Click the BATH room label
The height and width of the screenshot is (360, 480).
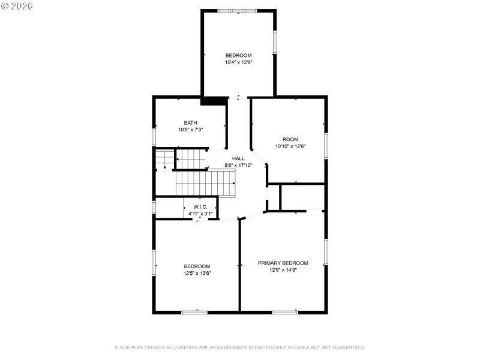[191, 123]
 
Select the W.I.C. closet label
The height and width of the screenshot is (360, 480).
[200, 207]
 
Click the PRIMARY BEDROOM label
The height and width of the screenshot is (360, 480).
[283, 263]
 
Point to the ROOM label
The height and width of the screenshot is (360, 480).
[290, 140]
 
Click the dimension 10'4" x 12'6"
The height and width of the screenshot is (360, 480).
[238, 62]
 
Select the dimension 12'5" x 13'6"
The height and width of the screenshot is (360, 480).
[197, 273]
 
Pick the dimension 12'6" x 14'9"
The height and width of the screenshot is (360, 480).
[283, 270]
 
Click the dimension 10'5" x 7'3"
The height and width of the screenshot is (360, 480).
[191, 130]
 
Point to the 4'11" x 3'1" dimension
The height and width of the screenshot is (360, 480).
[200, 214]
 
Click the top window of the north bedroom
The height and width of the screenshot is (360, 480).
[237, 11]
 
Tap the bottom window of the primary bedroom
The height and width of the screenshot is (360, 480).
[285, 312]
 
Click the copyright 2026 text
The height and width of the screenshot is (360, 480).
[17, 6]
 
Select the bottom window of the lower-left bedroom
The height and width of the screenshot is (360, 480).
[194, 312]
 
